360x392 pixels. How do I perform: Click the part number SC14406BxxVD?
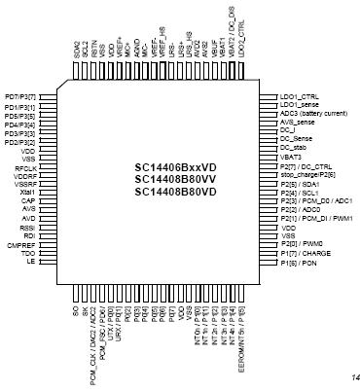(x=175, y=167)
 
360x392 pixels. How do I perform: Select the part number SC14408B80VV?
(x=175, y=180)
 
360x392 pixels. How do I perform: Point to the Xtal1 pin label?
(x=27, y=192)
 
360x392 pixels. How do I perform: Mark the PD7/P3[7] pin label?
(x=20, y=97)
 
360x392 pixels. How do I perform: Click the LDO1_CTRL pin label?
(x=299, y=96)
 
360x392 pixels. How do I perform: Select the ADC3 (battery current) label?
(x=316, y=113)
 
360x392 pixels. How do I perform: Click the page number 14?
(x=346, y=378)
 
